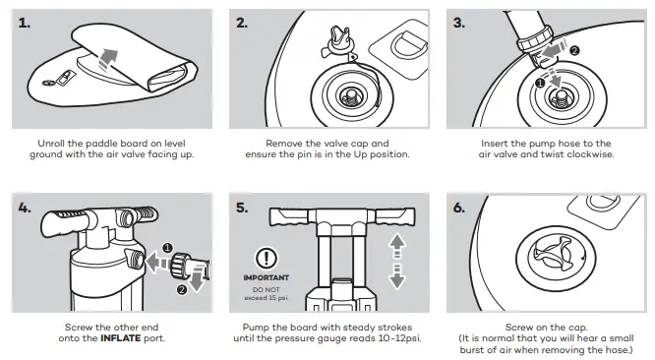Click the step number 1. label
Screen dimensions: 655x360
25,23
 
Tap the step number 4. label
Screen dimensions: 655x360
25,208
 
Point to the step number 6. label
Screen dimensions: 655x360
459,208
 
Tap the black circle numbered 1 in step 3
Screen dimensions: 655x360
540,83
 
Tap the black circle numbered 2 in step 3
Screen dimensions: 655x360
574,51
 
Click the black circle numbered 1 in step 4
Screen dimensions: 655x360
167,248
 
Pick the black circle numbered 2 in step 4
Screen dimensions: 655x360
182,289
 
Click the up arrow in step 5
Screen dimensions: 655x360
397,245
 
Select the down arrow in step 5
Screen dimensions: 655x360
397,276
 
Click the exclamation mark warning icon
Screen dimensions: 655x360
267,259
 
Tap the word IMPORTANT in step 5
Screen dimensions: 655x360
267,277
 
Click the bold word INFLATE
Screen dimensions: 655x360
121,337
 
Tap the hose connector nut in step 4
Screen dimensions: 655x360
179,265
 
